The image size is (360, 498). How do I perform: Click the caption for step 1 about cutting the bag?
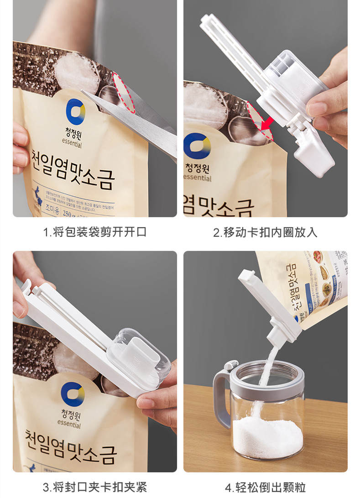94,232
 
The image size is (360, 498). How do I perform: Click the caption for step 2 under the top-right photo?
265,232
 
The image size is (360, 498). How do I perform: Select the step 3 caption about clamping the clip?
94,487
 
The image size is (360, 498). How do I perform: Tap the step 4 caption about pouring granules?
265,487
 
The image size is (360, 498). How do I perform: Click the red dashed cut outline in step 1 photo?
124,93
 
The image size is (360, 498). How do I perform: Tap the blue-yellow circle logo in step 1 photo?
75,111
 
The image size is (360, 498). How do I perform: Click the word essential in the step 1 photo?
70,145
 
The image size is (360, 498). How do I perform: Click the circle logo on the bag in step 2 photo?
197,146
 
